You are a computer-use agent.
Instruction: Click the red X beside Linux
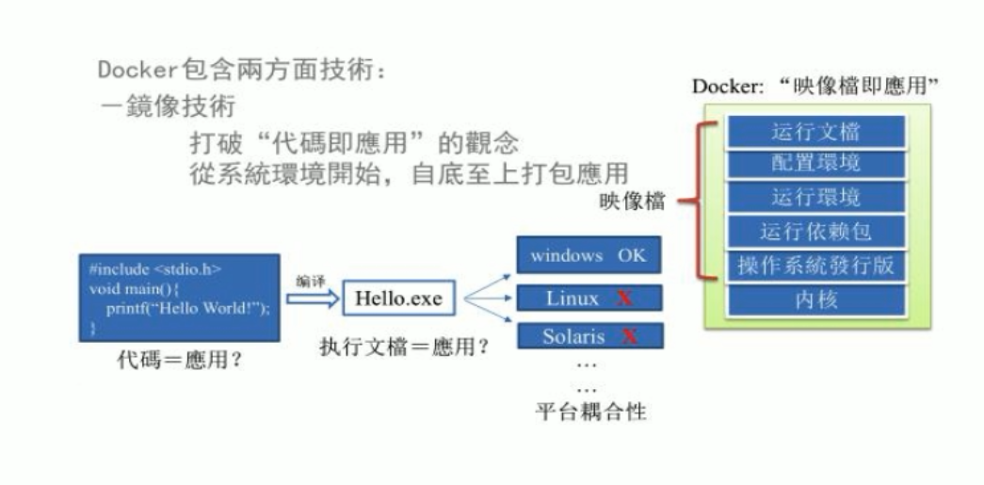(623, 299)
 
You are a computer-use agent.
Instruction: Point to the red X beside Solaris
(630, 336)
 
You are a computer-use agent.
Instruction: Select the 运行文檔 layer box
(815, 131)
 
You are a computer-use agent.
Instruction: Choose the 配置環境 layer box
(815, 163)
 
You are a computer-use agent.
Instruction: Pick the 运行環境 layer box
(815, 197)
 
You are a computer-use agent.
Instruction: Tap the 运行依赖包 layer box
(815, 231)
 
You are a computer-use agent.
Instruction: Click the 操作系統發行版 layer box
(815, 266)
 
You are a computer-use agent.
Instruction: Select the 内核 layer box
(815, 300)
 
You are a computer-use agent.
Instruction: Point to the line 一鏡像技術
(169, 105)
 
